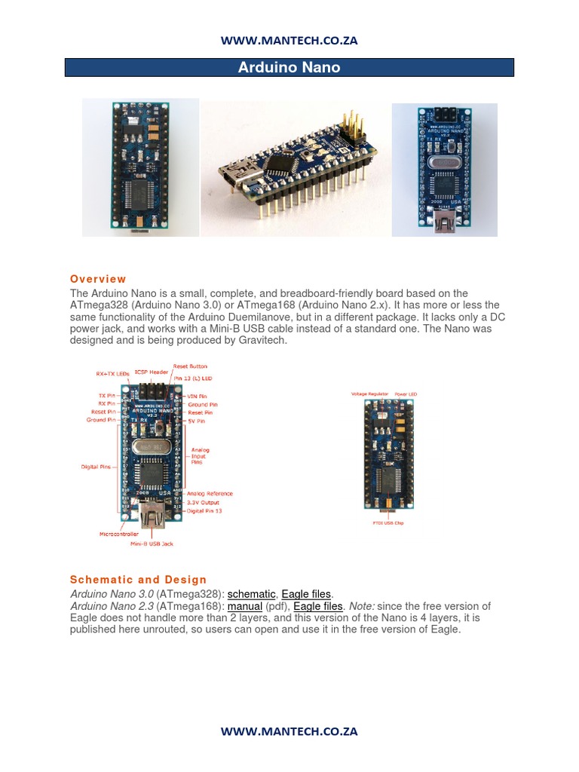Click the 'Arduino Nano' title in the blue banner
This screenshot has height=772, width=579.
289,68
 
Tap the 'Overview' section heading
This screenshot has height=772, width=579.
98,279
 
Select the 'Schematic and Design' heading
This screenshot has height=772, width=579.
138,580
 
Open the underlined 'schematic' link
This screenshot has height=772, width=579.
251,594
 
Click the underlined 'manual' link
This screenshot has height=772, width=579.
245,606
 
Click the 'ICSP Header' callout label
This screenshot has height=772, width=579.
151,372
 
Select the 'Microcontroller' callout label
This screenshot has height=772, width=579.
119,533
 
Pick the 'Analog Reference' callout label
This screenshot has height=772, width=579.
210,494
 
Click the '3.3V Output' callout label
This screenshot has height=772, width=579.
203,502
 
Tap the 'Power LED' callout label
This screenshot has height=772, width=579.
410,394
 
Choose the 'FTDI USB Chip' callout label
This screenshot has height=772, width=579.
389,522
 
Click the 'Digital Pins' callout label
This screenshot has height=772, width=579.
96,467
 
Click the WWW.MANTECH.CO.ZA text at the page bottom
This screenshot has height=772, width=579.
289,731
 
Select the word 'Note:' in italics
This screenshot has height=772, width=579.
361,606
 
